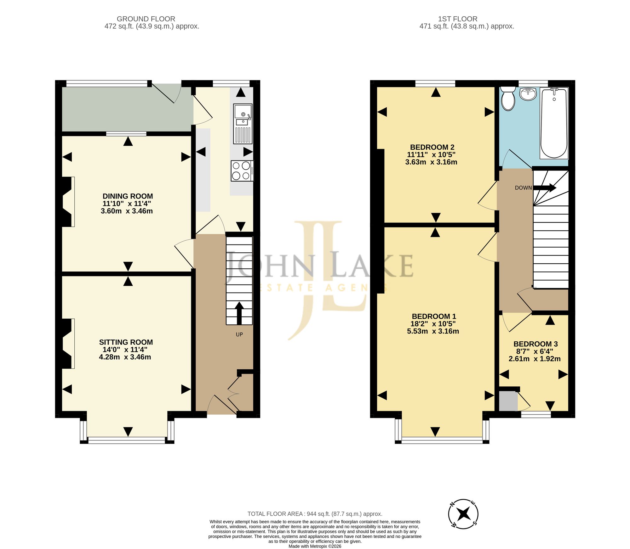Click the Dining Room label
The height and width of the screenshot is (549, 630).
coord(128,196)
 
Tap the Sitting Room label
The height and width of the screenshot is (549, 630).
coord(126,342)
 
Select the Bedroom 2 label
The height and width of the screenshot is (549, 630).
coord(432,147)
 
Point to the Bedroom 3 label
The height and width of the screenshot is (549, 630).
coord(535,344)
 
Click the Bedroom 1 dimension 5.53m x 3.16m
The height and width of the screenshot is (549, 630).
coord(433,331)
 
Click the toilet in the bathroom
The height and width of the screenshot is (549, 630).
coord(508,98)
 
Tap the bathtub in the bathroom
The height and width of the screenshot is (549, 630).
coord(554,123)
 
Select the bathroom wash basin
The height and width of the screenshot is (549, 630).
coord(528,94)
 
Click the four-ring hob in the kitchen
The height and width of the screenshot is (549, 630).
coord(242,171)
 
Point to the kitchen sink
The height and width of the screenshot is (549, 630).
coord(243,124)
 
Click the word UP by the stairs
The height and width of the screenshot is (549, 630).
coord(239,334)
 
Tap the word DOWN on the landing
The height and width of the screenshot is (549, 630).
coord(523,188)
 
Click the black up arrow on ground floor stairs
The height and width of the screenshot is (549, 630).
coord(239,313)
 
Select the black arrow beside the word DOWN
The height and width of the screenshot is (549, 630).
coord(545,188)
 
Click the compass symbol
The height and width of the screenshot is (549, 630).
coord(463,514)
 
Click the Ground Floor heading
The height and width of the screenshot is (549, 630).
coord(146,19)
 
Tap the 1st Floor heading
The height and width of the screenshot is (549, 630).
coord(458,19)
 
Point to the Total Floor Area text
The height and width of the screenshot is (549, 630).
coord(315,514)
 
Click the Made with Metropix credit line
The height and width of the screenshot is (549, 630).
coord(315,546)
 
